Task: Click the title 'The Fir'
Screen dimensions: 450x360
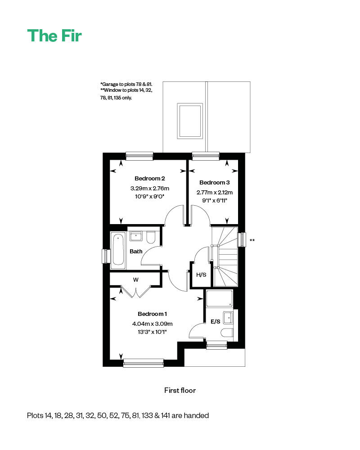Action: click(54, 36)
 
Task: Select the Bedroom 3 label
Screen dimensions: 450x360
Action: click(215, 183)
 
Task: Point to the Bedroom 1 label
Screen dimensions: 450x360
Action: click(153, 314)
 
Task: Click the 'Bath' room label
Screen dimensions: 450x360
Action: click(136, 252)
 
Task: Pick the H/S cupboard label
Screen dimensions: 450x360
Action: click(201, 275)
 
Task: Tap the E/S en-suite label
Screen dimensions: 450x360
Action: click(216, 321)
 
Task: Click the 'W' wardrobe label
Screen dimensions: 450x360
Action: click(135, 280)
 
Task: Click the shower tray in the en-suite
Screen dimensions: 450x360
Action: click(219, 298)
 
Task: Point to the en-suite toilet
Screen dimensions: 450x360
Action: click(227, 333)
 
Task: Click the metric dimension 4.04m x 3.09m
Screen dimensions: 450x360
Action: click(153, 324)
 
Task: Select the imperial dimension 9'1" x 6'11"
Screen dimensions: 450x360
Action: click(215, 201)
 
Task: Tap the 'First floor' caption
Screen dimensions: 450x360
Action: click(180, 390)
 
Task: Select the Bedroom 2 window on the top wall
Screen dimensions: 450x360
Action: click(139, 156)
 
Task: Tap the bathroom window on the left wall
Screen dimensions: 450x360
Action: click(106, 256)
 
